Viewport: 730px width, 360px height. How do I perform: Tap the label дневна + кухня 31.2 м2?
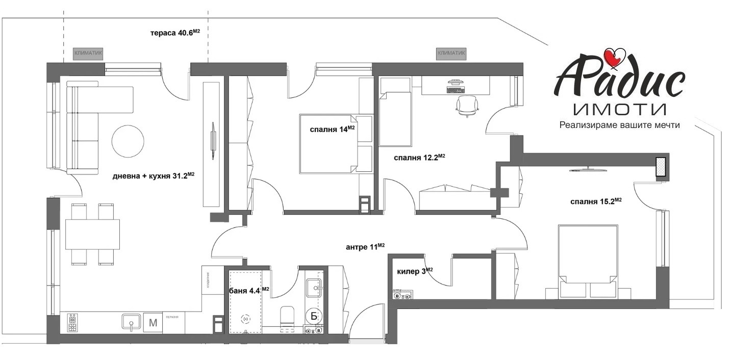[154, 176]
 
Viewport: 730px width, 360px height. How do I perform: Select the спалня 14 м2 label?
[332, 129]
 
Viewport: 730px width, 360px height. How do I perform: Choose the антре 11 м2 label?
[365, 247]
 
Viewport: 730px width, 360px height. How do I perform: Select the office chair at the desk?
[468, 105]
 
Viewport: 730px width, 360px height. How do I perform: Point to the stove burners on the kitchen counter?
[72, 322]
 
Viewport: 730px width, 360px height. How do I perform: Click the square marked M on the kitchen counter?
[153, 322]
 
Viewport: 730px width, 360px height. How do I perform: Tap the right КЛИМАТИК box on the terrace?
[451, 53]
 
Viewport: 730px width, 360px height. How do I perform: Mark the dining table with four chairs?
[92, 234]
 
